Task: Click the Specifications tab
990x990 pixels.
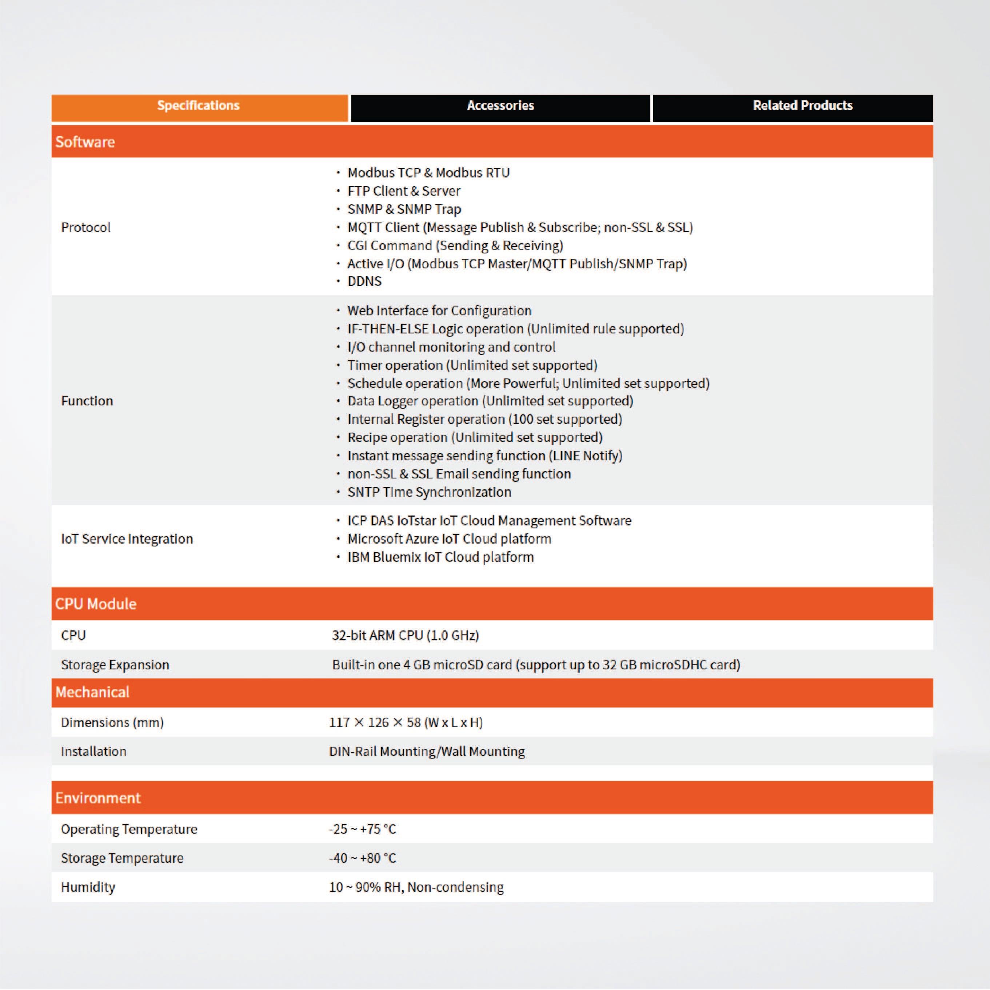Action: click(x=199, y=106)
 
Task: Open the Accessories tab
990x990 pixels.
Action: click(x=500, y=106)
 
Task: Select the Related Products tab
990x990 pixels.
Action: click(x=802, y=106)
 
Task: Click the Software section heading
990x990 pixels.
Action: click(x=85, y=142)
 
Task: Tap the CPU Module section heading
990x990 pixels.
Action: click(x=96, y=604)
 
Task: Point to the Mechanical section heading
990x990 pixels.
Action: click(x=92, y=692)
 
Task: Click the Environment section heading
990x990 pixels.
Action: click(x=98, y=798)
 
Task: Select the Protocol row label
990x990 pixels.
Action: click(x=85, y=228)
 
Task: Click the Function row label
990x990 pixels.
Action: click(x=87, y=401)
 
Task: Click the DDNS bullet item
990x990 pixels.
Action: click(x=364, y=281)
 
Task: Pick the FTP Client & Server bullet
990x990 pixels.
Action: click(x=403, y=191)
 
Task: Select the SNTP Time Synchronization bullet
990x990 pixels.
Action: click(x=429, y=492)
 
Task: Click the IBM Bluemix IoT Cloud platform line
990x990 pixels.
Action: click(x=440, y=557)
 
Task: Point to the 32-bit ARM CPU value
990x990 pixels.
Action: click(x=405, y=636)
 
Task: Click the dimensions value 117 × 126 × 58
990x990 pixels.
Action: click(x=406, y=722)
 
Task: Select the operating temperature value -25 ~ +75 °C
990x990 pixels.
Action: click(x=363, y=829)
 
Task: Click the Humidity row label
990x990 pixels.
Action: click(x=88, y=887)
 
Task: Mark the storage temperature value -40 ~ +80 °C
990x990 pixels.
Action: click(x=363, y=858)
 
